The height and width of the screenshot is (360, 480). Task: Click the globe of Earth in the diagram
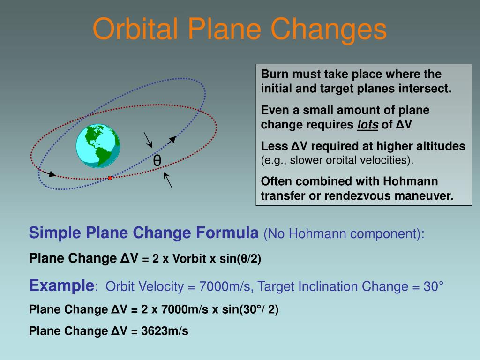98,146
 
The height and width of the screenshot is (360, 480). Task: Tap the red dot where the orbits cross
110,178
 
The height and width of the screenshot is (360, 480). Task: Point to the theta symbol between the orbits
157,160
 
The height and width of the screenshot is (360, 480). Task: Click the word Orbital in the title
135,29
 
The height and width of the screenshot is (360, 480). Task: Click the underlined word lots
367,125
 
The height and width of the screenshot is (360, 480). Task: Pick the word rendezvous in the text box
356,196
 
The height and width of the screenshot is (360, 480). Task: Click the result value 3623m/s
165,331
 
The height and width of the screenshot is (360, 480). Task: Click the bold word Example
62,285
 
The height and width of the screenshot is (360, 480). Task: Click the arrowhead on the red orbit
52,174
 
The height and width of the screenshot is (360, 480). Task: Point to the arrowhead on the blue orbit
172,140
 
